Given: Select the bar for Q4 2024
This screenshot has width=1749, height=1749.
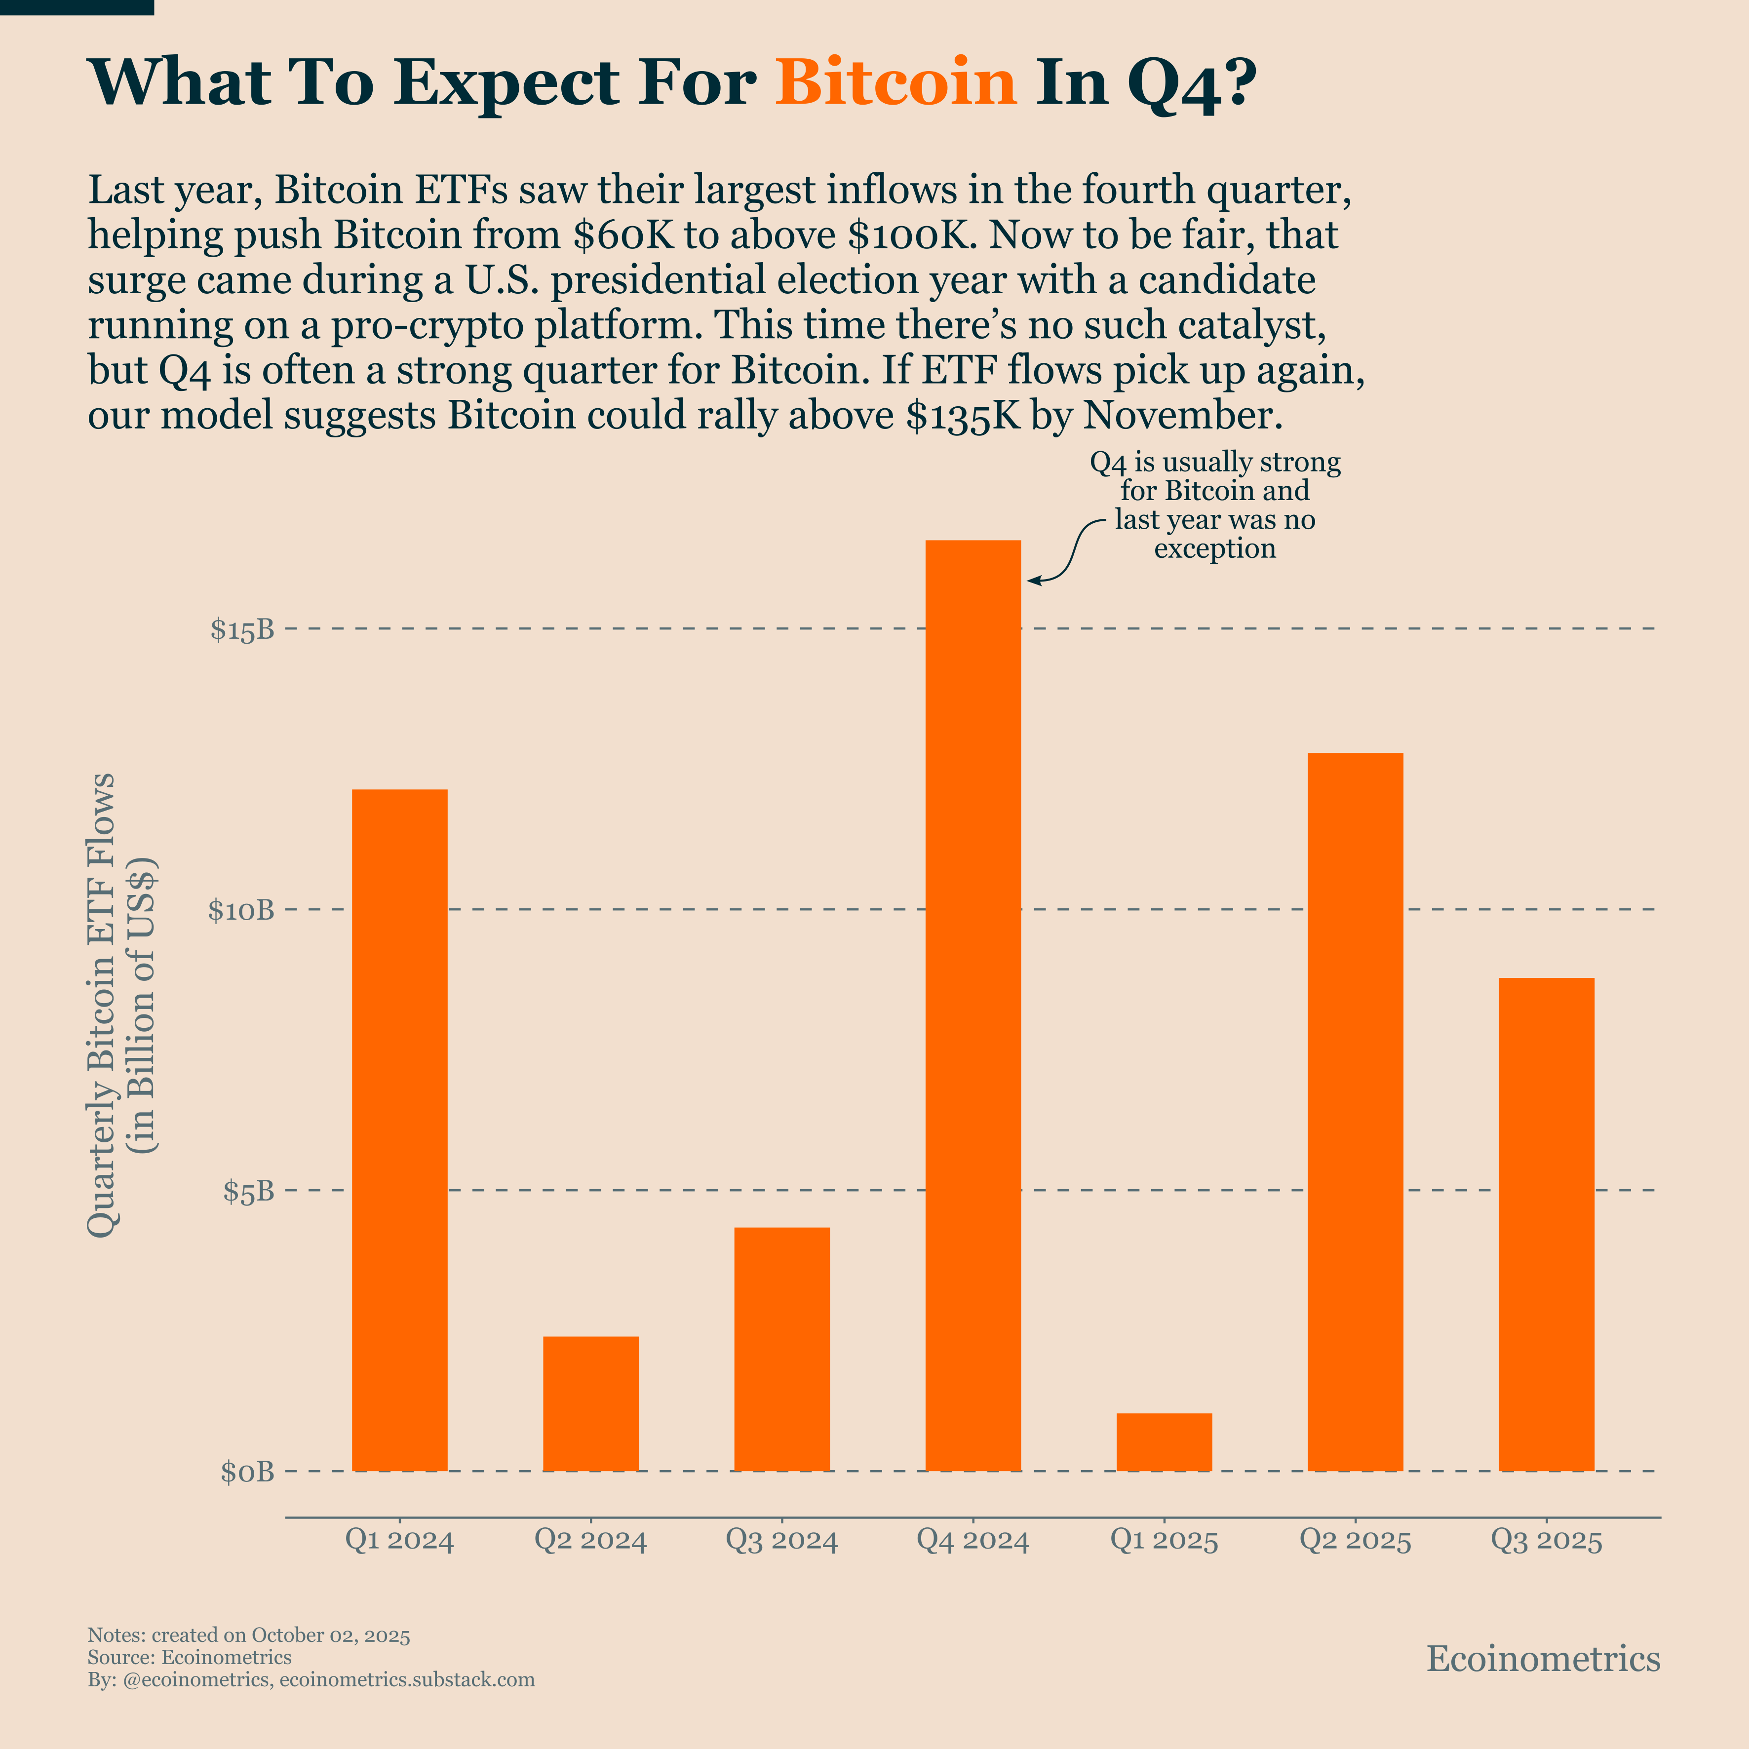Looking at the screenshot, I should click(973, 1005).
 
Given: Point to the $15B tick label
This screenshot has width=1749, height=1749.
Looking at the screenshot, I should click(242, 630).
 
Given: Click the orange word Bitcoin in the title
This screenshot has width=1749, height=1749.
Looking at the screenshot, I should click(896, 83).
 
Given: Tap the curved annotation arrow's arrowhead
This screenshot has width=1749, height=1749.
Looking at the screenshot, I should click(1032, 580).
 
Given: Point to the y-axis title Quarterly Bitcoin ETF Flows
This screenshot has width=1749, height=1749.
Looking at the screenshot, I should click(101, 1005).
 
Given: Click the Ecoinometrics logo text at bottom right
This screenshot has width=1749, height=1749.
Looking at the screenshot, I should click(1543, 1659).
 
